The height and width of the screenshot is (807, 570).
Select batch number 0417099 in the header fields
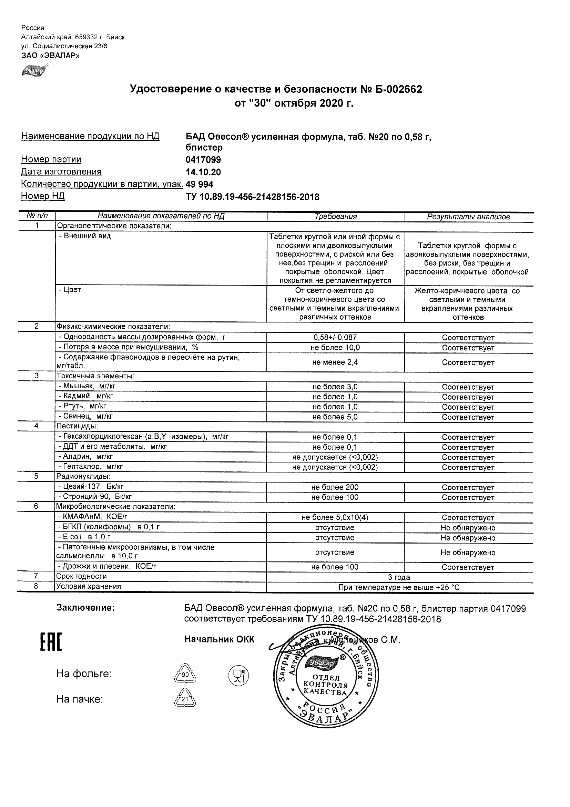203,160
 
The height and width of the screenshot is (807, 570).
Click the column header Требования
335,217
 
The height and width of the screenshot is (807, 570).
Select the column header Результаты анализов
468,217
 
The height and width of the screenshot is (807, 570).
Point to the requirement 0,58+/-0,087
335,337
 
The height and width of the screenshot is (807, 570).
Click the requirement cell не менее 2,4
335,362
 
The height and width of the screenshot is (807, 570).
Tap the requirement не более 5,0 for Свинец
335,417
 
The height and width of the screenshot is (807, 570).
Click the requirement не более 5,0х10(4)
335,517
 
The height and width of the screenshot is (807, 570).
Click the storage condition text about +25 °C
399,587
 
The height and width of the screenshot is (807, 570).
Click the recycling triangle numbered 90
185,675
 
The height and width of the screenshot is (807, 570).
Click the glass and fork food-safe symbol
238,675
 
